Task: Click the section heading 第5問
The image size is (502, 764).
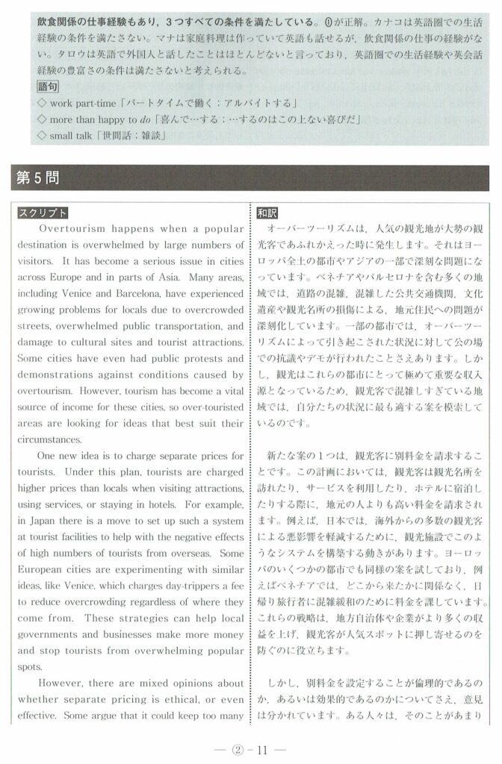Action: click(x=37, y=179)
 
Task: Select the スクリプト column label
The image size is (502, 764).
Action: click(x=43, y=213)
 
